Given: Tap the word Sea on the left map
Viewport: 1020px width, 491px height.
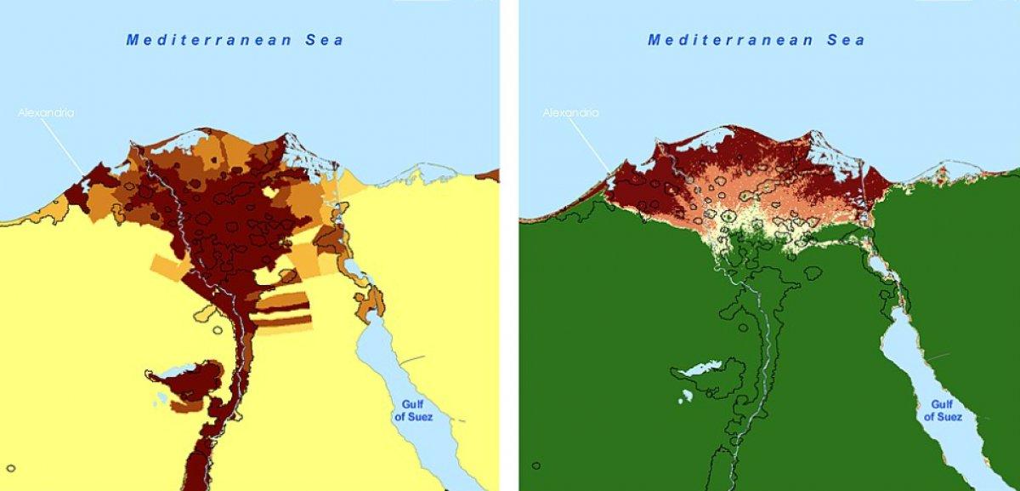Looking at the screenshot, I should [x=326, y=40].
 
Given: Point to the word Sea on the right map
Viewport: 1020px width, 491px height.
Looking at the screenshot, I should [x=847, y=40].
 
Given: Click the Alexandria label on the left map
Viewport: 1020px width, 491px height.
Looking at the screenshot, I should [x=47, y=112].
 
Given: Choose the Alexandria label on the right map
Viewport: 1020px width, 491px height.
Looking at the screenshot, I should [x=570, y=112].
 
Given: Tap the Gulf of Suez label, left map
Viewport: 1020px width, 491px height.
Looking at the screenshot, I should [x=413, y=411].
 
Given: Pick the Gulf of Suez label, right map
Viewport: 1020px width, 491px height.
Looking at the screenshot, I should [x=943, y=411].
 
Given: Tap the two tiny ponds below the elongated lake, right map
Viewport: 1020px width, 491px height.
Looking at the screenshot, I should [x=686, y=396].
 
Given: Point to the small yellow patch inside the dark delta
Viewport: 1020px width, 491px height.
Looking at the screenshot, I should [x=270, y=192].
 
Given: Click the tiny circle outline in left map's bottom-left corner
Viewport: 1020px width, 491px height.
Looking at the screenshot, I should [x=11, y=466].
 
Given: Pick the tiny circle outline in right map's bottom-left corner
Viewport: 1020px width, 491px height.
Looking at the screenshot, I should [x=535, y=465].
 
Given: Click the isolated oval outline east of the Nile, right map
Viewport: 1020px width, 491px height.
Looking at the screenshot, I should [x=813, y=273].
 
